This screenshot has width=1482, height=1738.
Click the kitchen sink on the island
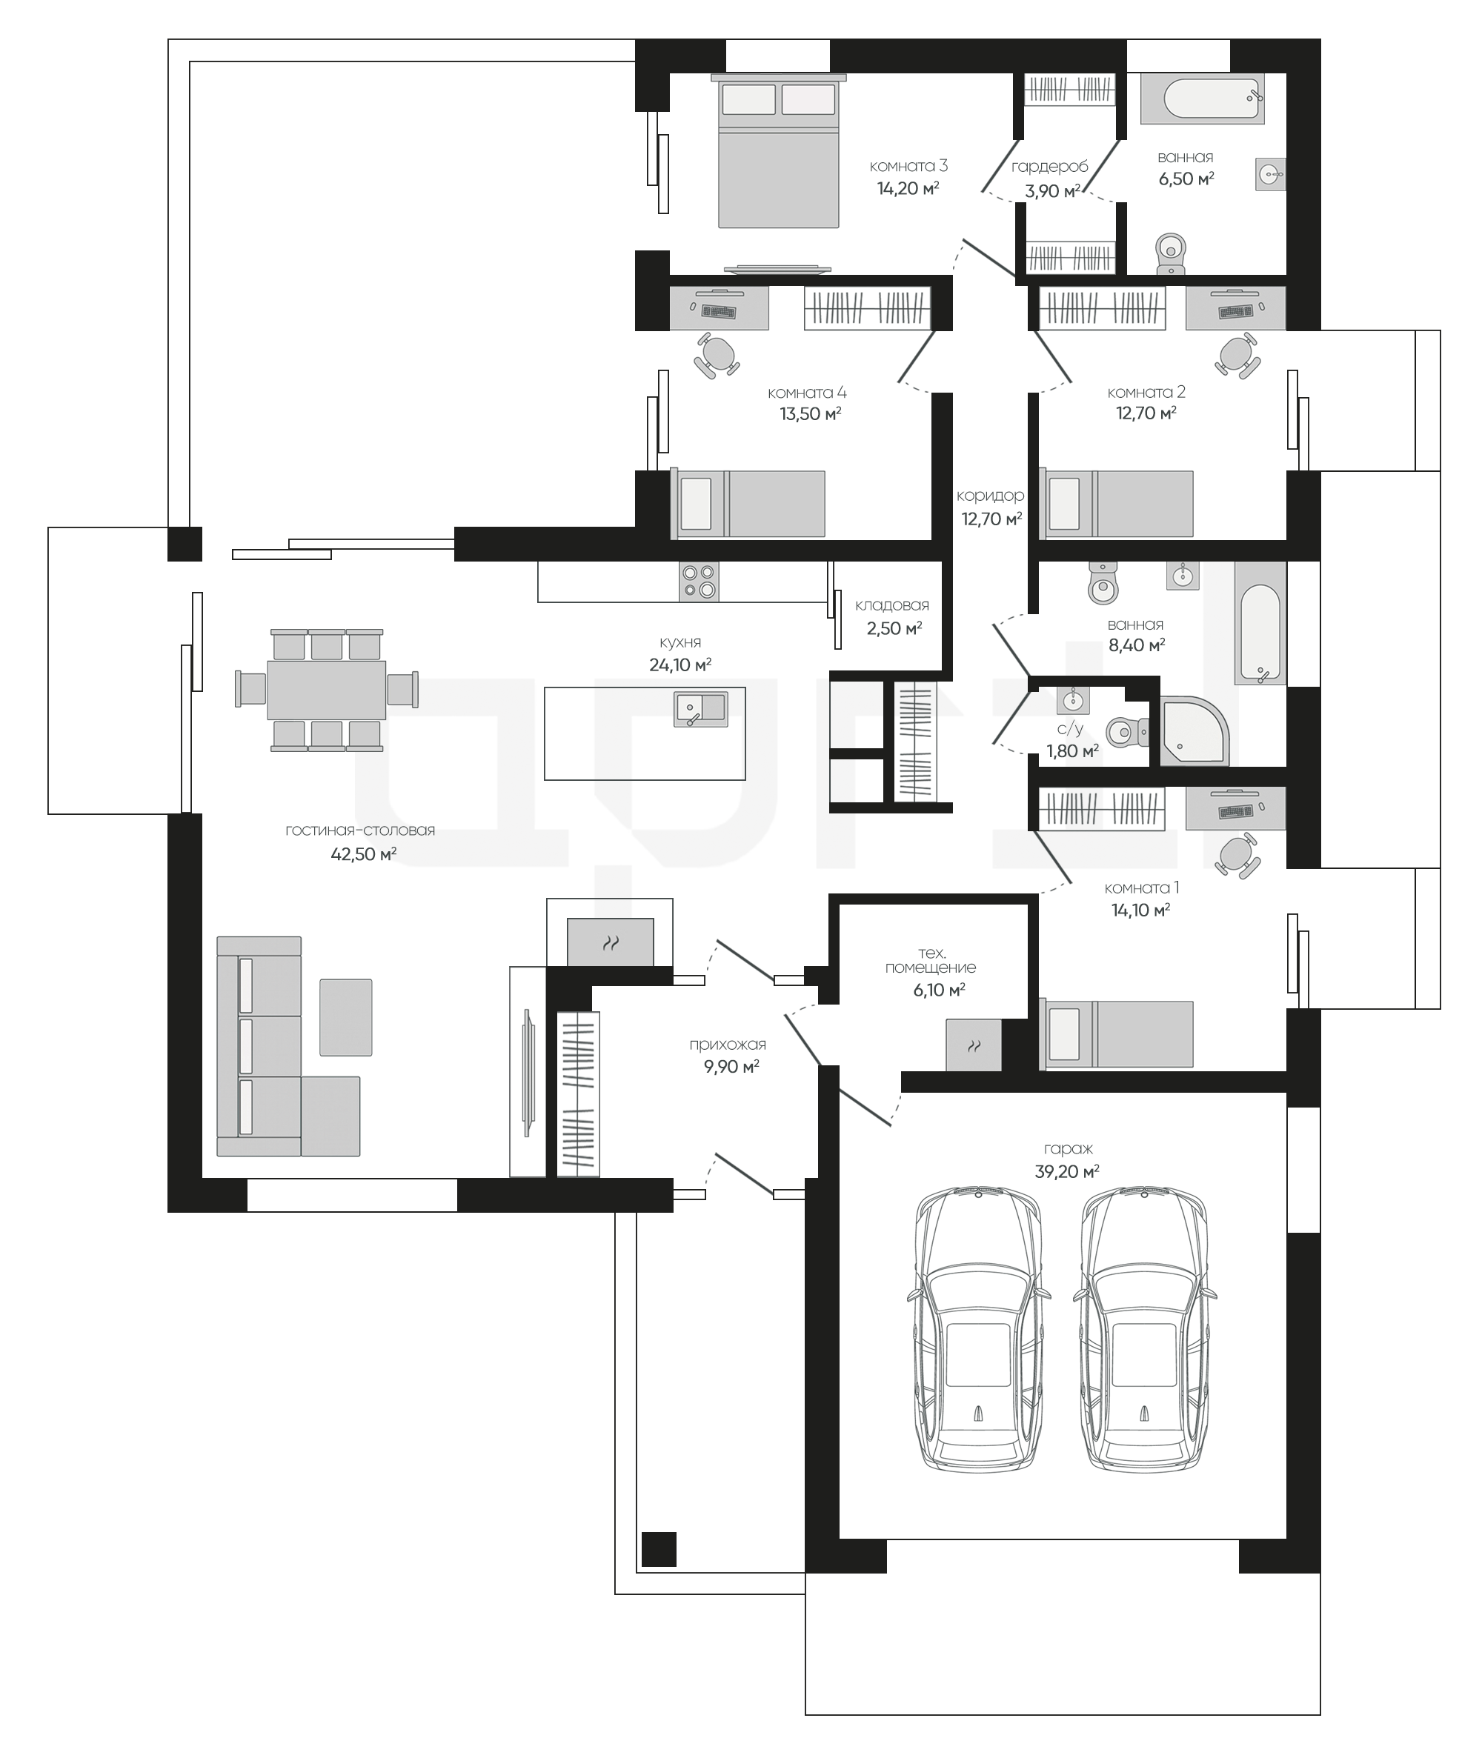pyautogui.click(x=700, y=709)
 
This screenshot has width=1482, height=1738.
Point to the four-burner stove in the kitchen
pyautogui.click(x=700, y=581)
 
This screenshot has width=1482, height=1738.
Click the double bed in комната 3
pyautogui.click(x=779, y=151)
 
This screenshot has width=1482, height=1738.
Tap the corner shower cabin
pyautogui.click(x=1192, y=730)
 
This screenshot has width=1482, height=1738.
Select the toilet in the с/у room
pyautogui.click(x=1126, y=732)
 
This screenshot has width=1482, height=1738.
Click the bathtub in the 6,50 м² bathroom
pyautogui.click(x=1203, y=100)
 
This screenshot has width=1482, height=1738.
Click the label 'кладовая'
pyautogui.click(x=892, y=605)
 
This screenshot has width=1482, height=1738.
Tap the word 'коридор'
pyautogui.click(x=990, y=496)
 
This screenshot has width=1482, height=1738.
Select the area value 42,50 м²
pyautogui.click(x=363, y=854)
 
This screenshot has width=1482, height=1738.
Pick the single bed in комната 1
pyautogui.click(x=1116, y=1033)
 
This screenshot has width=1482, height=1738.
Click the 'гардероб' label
pyautogui.click(x=1050, y=166)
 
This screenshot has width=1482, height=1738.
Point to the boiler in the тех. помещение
pyautogui.click(x=974, y=1045)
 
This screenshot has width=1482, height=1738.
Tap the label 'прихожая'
pyautogui.click(x=728, y=1045)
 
